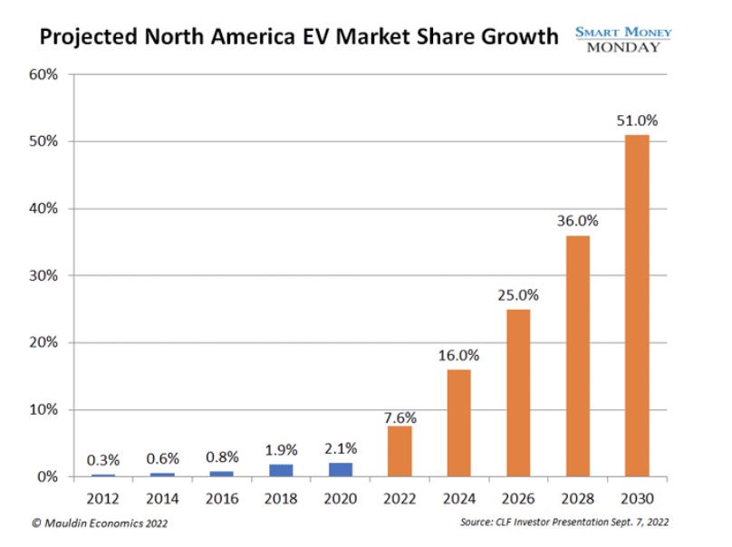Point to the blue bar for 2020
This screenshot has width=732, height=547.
pos(341,469)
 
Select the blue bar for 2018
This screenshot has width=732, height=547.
pos(282,470)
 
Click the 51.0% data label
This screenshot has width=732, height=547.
pos(638,120)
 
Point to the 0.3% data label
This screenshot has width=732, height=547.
pos(102,459)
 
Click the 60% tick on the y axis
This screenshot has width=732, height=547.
pos(45,74)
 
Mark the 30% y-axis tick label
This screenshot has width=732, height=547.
pos(45,275)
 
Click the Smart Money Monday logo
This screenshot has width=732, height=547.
pos(623,38)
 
